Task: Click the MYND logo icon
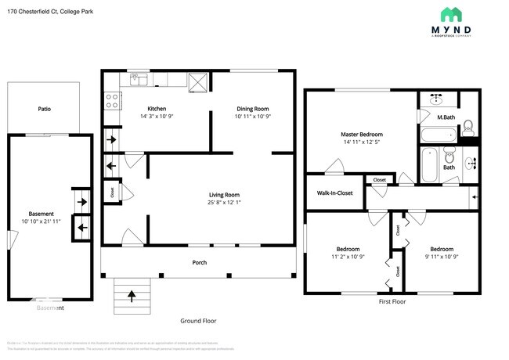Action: point(450,14)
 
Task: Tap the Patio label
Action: point(44,109)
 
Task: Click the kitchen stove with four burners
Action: point(112,100)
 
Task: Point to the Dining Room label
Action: point(253,109)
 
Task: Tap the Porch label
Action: point(200,262)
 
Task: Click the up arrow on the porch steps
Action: point(132,295)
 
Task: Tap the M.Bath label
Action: point(446,117)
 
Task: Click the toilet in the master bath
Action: point(467,127)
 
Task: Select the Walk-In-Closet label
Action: point(334,193)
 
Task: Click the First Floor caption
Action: point(395,301)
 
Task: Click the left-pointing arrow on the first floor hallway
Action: point(473,199)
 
